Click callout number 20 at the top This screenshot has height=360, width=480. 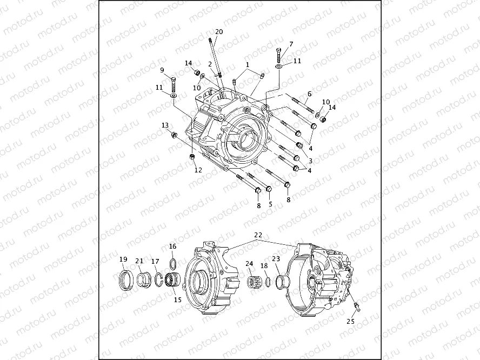pyautogui.click(x=219, y=31)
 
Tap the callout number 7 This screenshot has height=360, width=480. pyautogui.click(x=291, y=44)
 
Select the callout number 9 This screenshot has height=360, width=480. pyautogui.click(x=162, y=70)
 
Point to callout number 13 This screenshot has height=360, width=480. pyautogui.click(x=165, y=125)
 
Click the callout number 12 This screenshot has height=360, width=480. pyautogui.click(x=198, y=170)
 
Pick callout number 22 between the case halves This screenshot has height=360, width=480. pyautogui.click(x=258, y=235)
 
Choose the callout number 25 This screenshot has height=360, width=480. pyautogui.click(x=351, y=321)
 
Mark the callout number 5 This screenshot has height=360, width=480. pyautogui.click(x=270, y=204)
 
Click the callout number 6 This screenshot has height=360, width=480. pyautogui.click(x=310, y=94)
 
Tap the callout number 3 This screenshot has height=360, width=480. pyautogui.click(x=310, y=161)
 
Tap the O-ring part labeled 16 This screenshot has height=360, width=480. pyautogui.click(x=173, y=263)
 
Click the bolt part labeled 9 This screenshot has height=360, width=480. pyautogui.click(x=174, y=85)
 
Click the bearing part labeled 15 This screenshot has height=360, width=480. pyautogui.click(x=174, y=281)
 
